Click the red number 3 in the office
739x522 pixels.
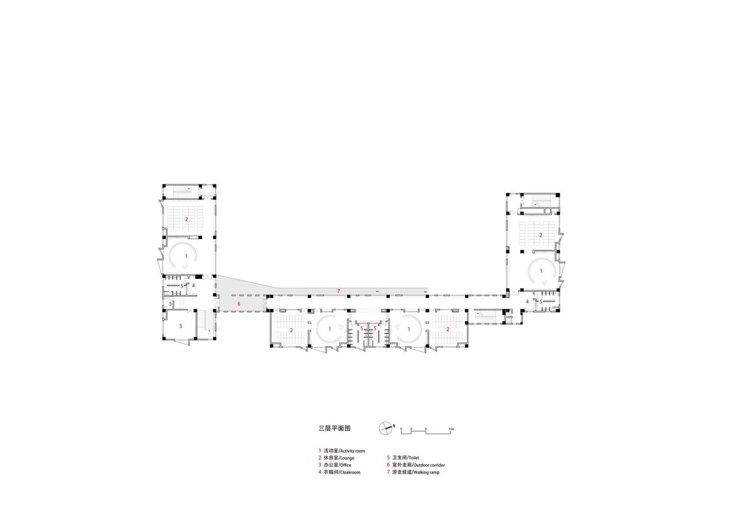[180, 326]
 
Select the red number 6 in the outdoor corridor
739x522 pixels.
[238, 303]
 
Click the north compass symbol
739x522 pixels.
[385, 428]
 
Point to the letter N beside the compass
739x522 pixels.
[394, 427]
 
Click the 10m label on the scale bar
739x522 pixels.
[451, 430]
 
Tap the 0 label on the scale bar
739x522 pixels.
[401, 430]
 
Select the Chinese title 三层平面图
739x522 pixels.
[334, 428]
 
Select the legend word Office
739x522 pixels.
[345, 465]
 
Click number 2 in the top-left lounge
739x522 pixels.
[186, 219]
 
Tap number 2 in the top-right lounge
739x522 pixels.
[540, 235]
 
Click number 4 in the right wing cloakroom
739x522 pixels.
[527, 301]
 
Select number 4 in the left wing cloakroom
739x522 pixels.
[194, 285]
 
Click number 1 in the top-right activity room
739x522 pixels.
[541, 271]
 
